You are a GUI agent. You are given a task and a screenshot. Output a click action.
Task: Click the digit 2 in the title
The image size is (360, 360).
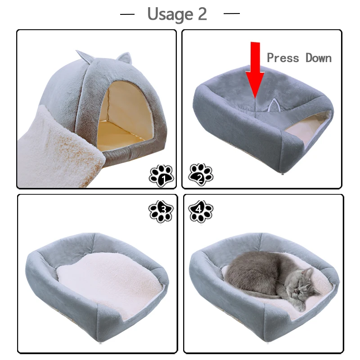click(202, 14)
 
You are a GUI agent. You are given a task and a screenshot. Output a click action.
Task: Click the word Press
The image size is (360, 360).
click(283, 58)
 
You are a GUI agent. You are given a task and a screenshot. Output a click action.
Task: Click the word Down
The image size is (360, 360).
click(319, 58)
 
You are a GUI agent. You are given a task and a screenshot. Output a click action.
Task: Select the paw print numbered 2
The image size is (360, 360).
click(201, 175)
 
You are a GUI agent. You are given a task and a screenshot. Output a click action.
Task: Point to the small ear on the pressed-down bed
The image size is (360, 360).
click(272, 106)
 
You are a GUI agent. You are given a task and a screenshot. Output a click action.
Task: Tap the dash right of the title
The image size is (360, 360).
click(231, 14)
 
